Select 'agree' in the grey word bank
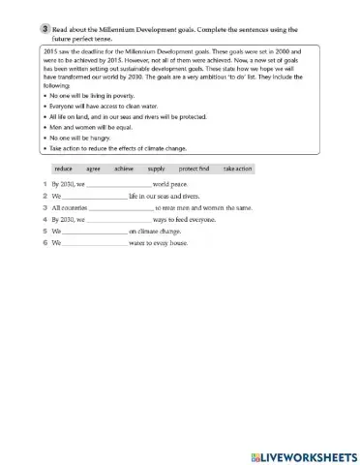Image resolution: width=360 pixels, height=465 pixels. pyautogui.click(x=93, y=169)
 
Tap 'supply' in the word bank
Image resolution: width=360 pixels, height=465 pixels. pyautogui.click(x=156, y=169)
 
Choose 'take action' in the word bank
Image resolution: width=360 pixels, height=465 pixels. pyautogui.click(x=237, y=169)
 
